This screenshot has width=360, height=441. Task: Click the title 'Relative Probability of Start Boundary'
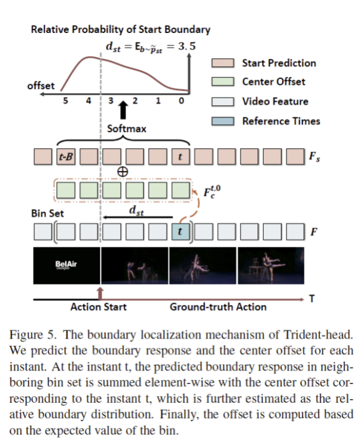pyautogui.click(x=120, y=29)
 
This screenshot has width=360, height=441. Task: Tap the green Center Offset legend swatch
pyautogui.click(x=224, y=82)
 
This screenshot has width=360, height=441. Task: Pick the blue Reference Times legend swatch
pyautogui.click(x=224, y=121)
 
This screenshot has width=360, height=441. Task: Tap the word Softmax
pyautogui.click(x=126, y=128)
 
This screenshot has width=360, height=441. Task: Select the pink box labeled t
pyautogui.click(x=180, y=157)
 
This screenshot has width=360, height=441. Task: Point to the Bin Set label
pyautogui.click(x=47, y=213)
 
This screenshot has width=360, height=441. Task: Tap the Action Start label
pyautogui.click(x=99, y=307)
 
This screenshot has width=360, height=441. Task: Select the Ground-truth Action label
pyautogui.click(x=218, y=307)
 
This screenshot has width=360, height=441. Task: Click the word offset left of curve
pyautogui.click(x=41, y=86)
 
